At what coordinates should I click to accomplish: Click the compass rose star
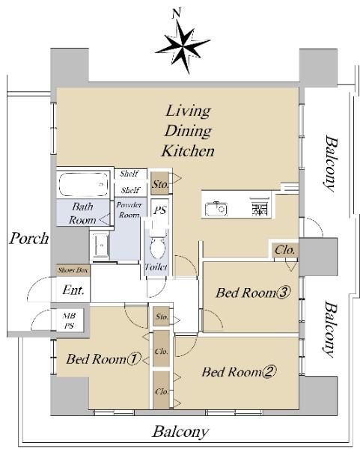pyautogui.click(x=183, y=46)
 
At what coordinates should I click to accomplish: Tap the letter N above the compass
pyautogui.click(x=177, y=13)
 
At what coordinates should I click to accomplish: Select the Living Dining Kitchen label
pyautogui.click(x=188, y=131)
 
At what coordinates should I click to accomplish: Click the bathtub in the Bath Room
pyautogui.click(x=83, y=183)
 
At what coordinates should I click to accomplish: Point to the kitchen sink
pyautogui.click(x=216, y=209)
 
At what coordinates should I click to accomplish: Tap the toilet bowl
pyautogui.click(x=157, y=247)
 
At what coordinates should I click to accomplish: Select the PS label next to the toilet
pyautogui.click(x=160, y=210)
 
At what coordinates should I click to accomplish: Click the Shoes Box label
pyautogui.click(x=73, y=270)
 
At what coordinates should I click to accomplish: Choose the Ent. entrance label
pyautogui.click(x=73, y=290)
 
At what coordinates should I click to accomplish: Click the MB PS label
pyautogui.click(x=69, y=321)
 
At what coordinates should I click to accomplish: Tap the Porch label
pyautogui.click(x=29, y=239)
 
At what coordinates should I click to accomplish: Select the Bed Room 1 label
pyautogui.click(x=104, y=359)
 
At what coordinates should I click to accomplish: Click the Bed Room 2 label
pyautogui.click(x=240, y=372)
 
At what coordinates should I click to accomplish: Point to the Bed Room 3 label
pyautogui.click(x=253, y=293)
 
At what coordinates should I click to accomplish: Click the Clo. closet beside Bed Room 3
pyautogui.click(x=284, y=250)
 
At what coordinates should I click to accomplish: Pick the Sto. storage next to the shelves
pyautogui.click(x=160, y=184)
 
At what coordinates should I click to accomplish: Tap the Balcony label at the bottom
pyautogui.click(x=180, y=432)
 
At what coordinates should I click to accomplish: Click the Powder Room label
pyautogui.click(x=129, y=210)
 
